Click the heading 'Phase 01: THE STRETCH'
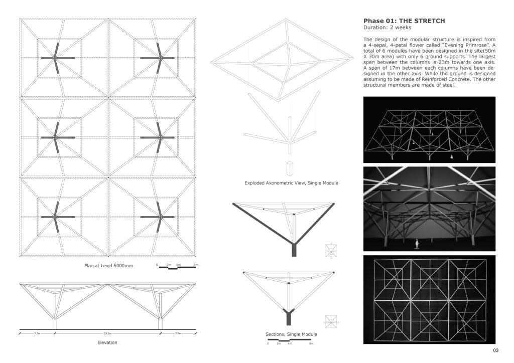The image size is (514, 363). coord(404,21)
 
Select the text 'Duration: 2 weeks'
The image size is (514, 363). coord(387,28)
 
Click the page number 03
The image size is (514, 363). coord(495,350)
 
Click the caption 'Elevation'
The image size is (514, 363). coord(107,342)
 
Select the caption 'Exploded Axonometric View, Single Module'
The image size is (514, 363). coord(291,183)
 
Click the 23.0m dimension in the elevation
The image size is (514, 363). coord(107,333)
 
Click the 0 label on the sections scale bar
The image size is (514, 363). coord(268,343)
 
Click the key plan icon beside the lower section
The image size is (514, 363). coord(330,319)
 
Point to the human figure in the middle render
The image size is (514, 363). coord(416,244)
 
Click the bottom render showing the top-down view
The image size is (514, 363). coord(429,299)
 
